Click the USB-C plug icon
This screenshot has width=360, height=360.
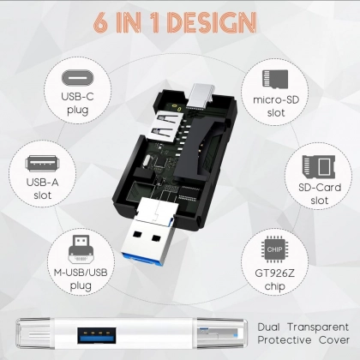(77, 78)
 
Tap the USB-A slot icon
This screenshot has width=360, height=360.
(42, 164)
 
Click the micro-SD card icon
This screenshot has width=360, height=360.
(275, 79)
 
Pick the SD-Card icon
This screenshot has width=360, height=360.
(319, 165)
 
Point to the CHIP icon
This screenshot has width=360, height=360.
(274, 249)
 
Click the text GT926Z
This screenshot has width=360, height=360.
(274, 273)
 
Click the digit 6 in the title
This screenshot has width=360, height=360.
(100, 22)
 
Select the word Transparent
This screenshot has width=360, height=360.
(318, 327)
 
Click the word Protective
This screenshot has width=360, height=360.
(285, 340)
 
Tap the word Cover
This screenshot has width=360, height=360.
(334, 340)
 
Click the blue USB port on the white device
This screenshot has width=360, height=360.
(97, 335)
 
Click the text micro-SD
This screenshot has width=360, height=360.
(276, 100)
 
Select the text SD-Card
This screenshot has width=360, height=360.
(320, 188)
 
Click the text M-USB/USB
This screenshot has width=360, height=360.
(81, 273)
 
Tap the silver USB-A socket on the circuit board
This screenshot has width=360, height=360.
(165, 126)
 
